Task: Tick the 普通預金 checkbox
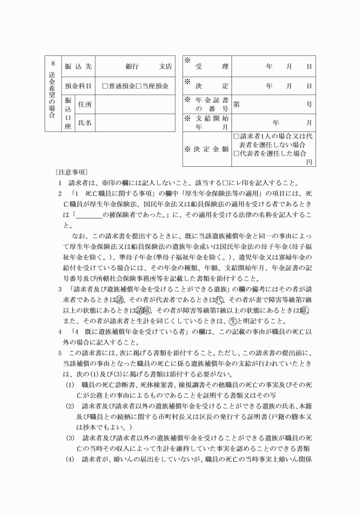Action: [x=105, y=86]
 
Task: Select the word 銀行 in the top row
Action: [x=133, y=67]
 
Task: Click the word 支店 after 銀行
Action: [x=165, y=67]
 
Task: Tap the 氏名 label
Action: [x=85, y=122]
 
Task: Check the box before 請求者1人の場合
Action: [x=237, y=137]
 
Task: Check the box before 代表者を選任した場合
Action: [x=237, y=153]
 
